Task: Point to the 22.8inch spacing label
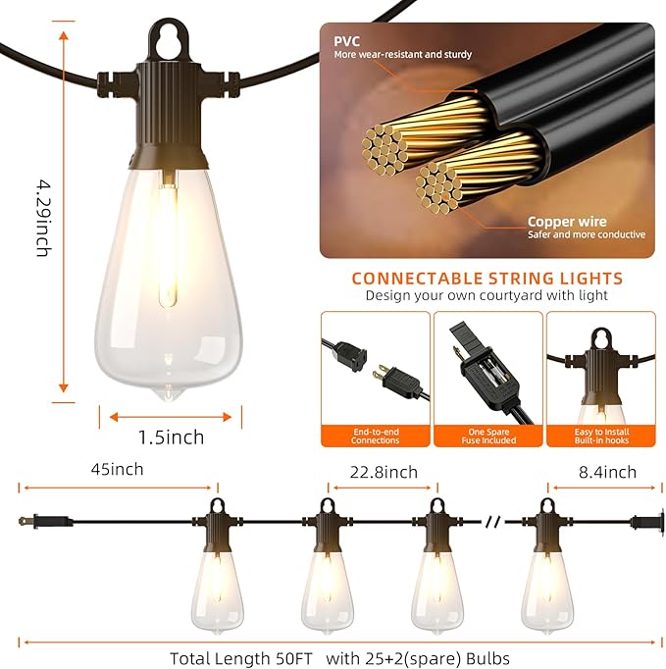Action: click(384, 472)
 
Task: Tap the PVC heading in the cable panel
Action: click(347, 41)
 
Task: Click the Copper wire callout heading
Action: click(567, 222)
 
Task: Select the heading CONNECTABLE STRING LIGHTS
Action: click(487, 279)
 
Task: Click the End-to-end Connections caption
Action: click(376, 436)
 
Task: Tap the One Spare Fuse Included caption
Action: click(487, 436)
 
